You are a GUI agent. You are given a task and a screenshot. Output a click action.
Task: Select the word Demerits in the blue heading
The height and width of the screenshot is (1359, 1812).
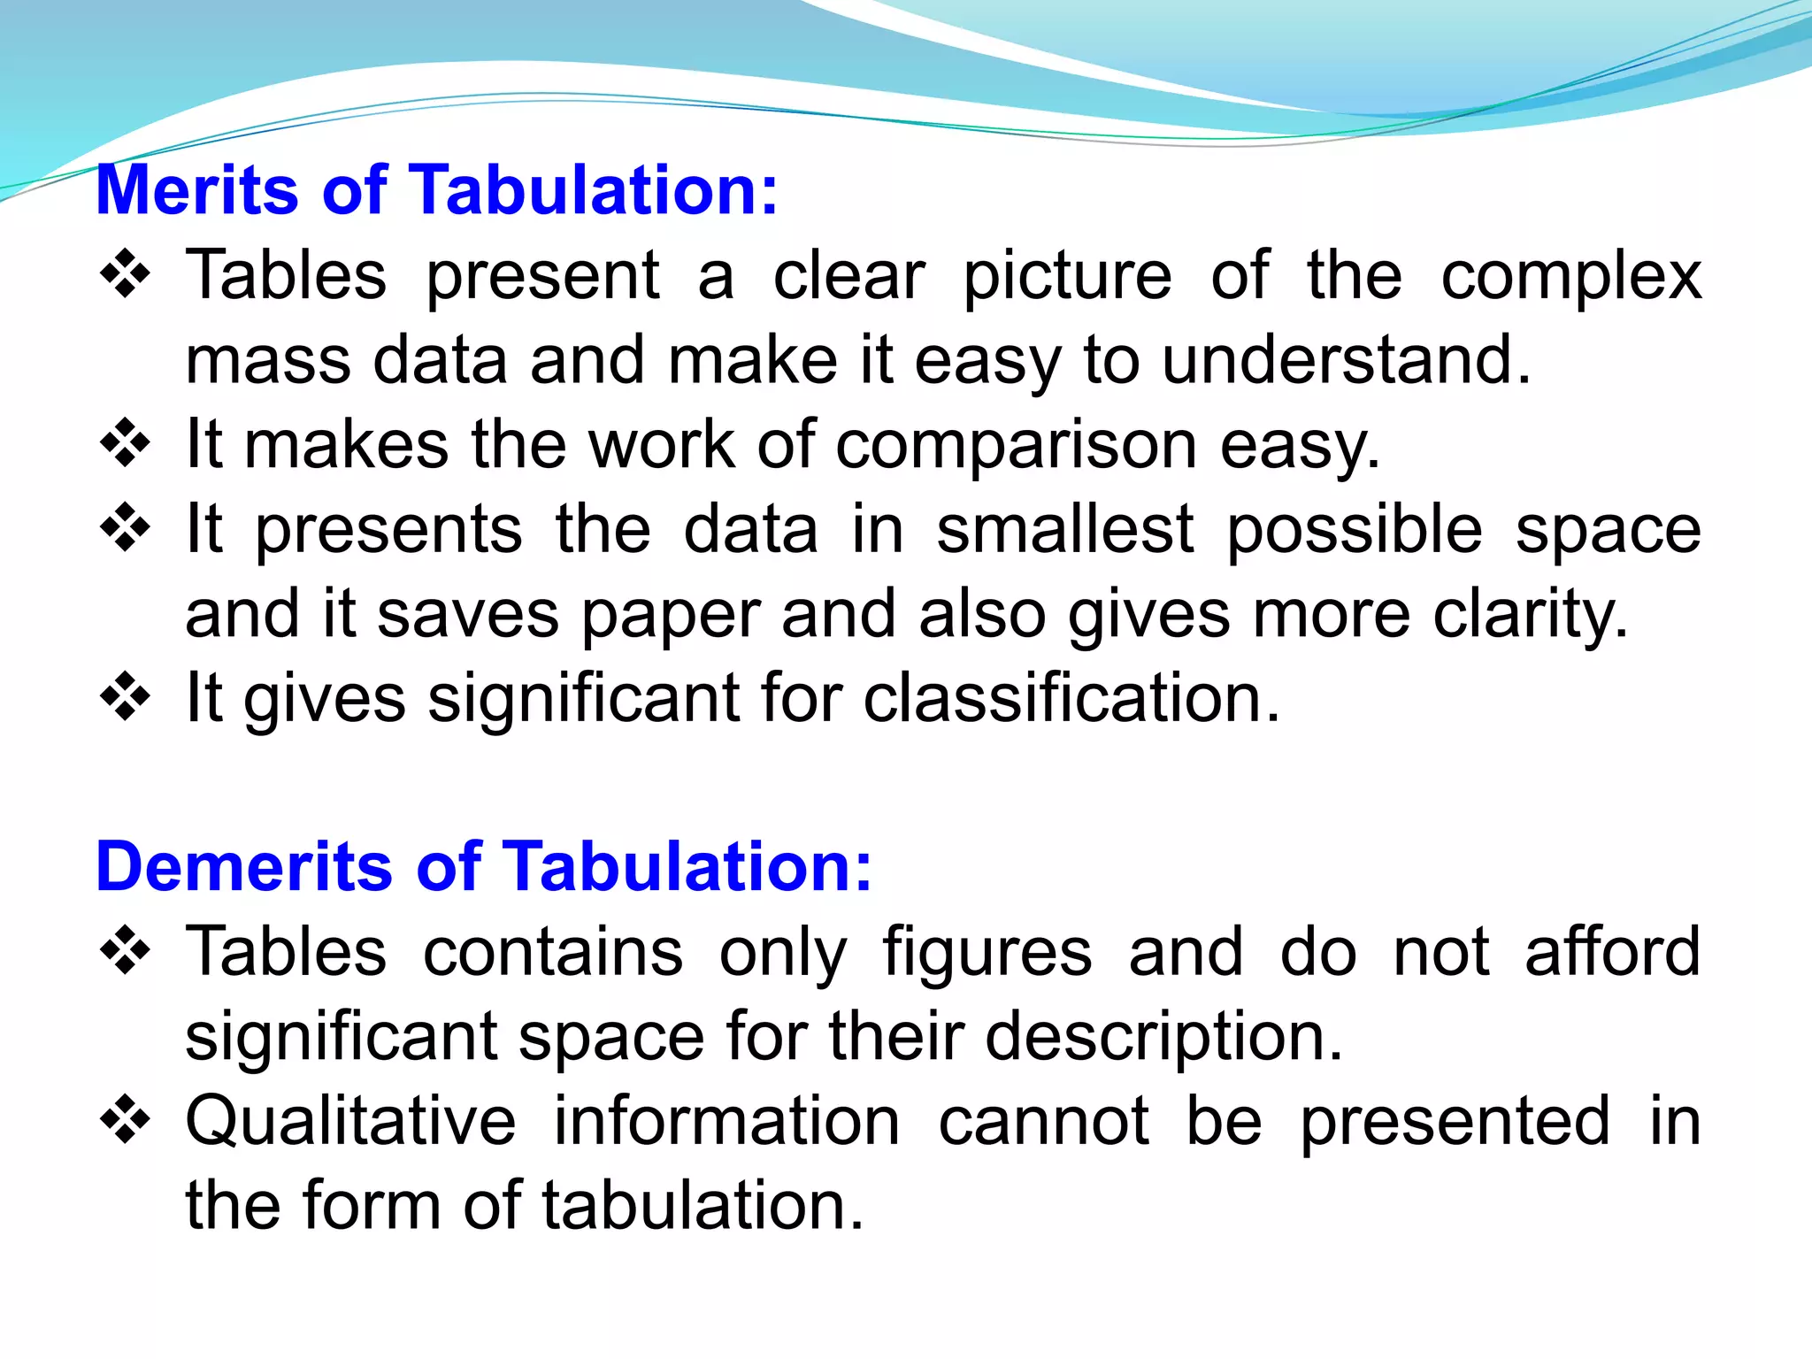tap(243, 866)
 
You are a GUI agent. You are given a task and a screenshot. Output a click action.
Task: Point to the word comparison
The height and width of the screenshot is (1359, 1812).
tap(1016, 445)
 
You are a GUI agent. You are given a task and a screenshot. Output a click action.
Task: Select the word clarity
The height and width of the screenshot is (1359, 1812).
tap(1529, 615)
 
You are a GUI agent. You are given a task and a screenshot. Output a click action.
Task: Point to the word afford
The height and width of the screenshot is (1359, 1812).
tap(1612, 952)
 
